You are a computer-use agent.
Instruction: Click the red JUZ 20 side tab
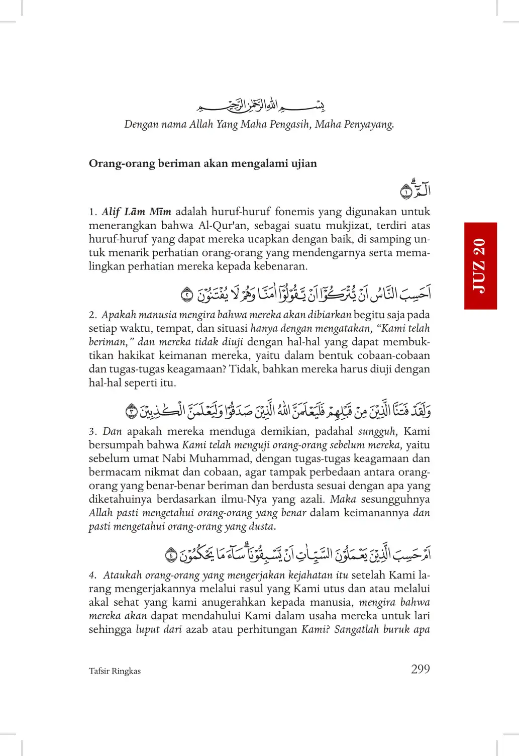tap(480, 265)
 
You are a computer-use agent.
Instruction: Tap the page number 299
tap(421, 669)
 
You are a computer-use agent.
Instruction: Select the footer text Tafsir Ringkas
tap(115, 671)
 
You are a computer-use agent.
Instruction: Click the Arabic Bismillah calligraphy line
tap(260, 106)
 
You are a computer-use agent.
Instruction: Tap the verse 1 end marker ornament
tap(406, 192)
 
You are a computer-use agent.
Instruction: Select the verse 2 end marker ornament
tap(187, 295)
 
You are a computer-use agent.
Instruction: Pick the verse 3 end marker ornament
tap(132, 411)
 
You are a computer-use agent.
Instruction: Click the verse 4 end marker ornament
tap(171, 555)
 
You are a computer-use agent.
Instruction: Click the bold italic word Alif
tap(111, 212)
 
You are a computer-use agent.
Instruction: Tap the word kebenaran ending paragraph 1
tap(281, 266)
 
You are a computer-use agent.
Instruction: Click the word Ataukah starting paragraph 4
tap(119, 575)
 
